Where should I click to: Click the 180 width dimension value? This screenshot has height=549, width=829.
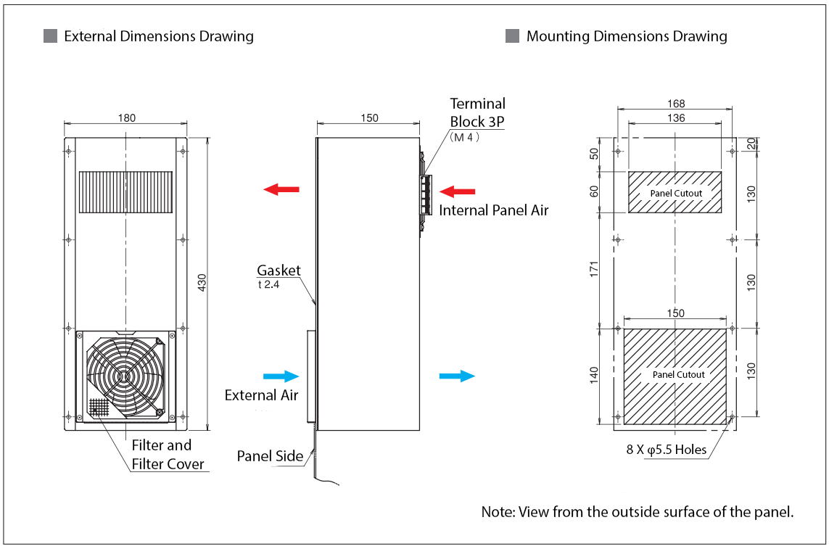pos(126,118)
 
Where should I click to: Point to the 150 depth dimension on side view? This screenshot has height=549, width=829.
pos(369,118)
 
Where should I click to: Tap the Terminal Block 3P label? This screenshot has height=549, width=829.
pos(477,112)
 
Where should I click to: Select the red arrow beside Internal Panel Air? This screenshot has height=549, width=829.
pos(458,191)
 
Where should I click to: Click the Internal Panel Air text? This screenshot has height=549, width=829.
pos(493,210)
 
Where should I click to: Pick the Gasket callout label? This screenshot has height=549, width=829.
pos(279,271)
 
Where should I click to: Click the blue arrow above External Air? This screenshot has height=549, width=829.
pos(281,376)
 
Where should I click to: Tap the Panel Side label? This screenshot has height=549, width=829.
pos(270,456)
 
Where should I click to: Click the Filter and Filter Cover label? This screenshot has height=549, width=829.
pos(168,455)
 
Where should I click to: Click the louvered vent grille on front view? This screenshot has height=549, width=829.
pos(125,191)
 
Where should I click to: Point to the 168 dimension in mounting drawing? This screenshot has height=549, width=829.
pos(675,104)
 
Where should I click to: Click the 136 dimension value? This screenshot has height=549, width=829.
pos(675,117)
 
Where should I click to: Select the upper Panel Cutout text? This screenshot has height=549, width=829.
pos(676,194)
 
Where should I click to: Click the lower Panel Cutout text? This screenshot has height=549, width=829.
pos(679,374)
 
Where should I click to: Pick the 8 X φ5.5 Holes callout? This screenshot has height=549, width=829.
pos(666,450)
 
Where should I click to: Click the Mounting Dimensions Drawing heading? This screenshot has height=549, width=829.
pos(627,36)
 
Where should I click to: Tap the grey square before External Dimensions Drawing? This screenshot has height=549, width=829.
pos(50,36)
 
